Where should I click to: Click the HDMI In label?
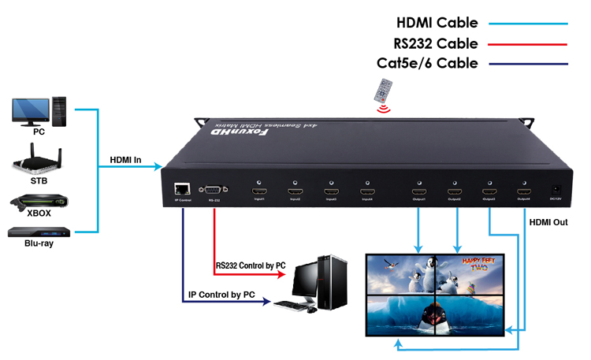click(125, 161)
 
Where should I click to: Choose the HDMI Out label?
click(548, 223)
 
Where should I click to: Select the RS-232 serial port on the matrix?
click(214, 190)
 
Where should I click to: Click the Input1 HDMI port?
click(259, 191)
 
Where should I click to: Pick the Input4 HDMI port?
click(366, 191)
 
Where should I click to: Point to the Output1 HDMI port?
click(418, 191)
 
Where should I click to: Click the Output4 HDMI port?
click(524, 191)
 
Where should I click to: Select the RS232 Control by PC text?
click(251, 266)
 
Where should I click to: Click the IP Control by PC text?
click(221, 295)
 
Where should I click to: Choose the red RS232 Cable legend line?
click(528, 43)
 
